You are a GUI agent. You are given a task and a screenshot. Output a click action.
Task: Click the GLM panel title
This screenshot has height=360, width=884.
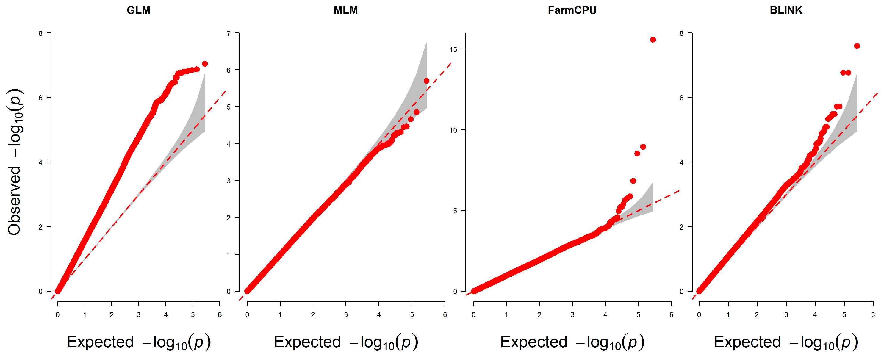pos(138,10)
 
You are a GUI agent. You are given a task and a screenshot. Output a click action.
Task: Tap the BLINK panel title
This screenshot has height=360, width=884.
pos(786,10)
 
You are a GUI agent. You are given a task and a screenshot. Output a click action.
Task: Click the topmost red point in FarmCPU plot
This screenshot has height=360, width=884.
pos(653,40)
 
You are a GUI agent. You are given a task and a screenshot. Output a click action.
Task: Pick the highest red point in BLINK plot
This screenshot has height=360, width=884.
pos(857,46)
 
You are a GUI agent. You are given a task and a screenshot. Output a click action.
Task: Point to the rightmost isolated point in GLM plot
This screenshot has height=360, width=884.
pos(205,64)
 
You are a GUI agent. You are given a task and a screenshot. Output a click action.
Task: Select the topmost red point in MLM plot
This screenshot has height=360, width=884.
pos(426,81)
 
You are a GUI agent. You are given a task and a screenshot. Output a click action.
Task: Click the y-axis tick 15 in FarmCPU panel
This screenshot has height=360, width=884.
pos(453,49)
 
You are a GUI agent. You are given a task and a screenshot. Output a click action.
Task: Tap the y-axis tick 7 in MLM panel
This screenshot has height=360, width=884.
pos(229,34)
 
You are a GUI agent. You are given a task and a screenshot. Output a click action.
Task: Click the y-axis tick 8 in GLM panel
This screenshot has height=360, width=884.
pos(40,34)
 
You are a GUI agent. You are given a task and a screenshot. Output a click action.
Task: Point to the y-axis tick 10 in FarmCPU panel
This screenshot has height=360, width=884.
pos(453,130)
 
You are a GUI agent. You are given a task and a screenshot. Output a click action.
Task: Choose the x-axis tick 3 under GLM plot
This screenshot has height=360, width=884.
pos(139,315)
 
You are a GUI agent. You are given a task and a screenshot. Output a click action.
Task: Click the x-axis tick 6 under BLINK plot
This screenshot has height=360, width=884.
pos(873,315)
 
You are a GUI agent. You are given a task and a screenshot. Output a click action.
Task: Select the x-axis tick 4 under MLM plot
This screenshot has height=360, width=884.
pos(379,315)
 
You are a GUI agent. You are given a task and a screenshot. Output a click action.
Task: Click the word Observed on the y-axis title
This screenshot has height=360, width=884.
pos(14,201)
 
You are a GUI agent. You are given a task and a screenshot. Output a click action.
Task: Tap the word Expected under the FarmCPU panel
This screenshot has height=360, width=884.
pos(533,342)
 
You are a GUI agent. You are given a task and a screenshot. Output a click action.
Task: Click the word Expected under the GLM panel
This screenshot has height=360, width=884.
pos(100,342)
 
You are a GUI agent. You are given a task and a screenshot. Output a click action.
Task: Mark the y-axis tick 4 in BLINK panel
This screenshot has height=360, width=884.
pos(682,163)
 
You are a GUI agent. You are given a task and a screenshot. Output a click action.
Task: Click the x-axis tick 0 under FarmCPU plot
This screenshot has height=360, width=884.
pos(474,315)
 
